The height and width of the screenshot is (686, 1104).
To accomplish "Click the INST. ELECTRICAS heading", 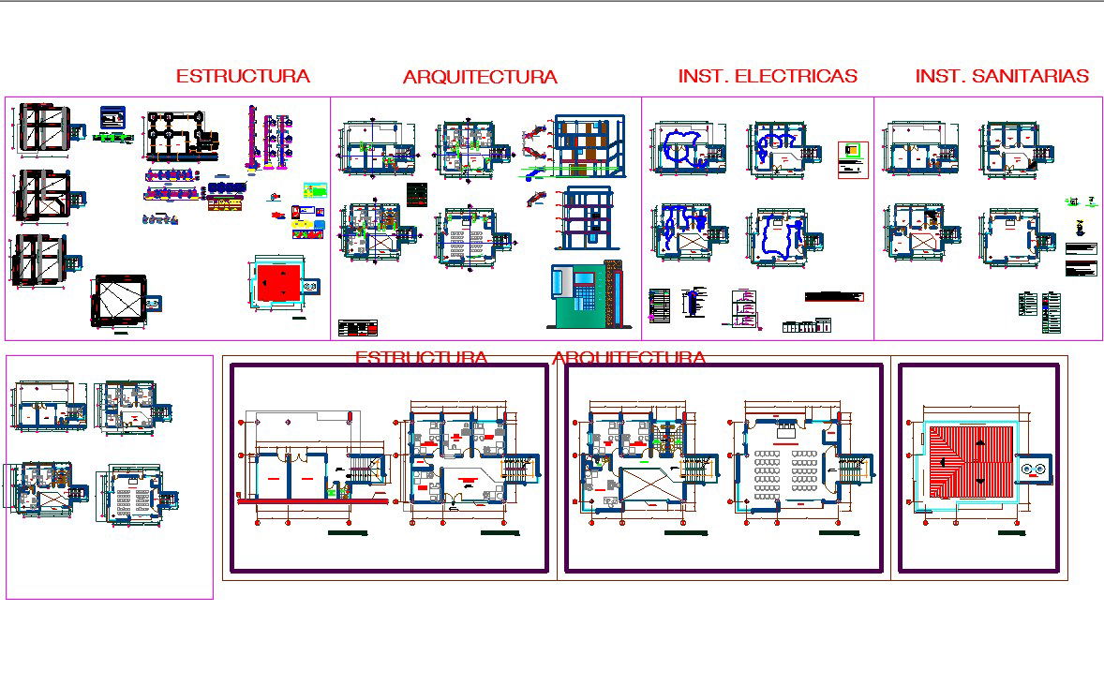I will (x=768, y=77).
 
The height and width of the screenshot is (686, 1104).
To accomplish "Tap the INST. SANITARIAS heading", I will (x=1002, y=77).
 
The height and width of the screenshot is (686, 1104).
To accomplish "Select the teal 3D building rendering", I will (x=583, y=295).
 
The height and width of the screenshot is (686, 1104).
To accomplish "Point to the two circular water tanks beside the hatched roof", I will (x=1034, y=469).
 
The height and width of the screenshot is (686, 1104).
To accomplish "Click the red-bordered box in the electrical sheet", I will (x=852, y=159).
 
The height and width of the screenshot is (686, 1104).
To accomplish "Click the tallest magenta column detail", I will (x=251, y=139).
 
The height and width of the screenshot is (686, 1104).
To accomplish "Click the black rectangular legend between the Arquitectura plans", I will (x=417, y=196).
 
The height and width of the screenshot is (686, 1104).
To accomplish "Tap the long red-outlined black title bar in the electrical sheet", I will (x=833, y=297).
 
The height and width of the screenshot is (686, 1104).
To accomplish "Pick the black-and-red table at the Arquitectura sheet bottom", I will (x=359, y=328).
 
